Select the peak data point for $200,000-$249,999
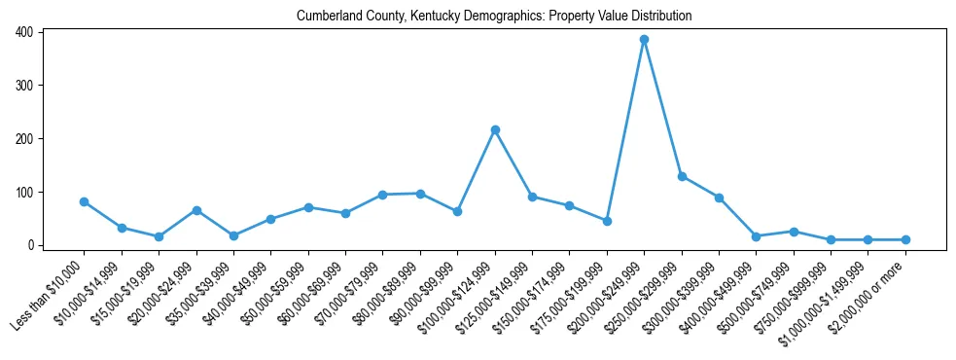pyautogui.click(x=644, y=40)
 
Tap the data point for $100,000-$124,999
pyautogui.click(x=495, y=129)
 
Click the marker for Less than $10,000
pyautogui.click(x=84, y=201)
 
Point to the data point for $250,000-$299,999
pyautogui.click(x=682, y=176)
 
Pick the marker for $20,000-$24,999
pyautogui.click(x=196, y=210)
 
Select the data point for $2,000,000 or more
pyautogui.click(x=905, y=239)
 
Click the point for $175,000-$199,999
pyautogui.click(x=607, y=221)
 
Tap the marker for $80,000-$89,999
pyautogui.click(x=420, y=194)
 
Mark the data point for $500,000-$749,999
pyautogui.click(x=794, y=232)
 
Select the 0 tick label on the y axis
pyautogui.click(x=31, y=245)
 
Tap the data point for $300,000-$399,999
pyautogui.click(x=719, y=198)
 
